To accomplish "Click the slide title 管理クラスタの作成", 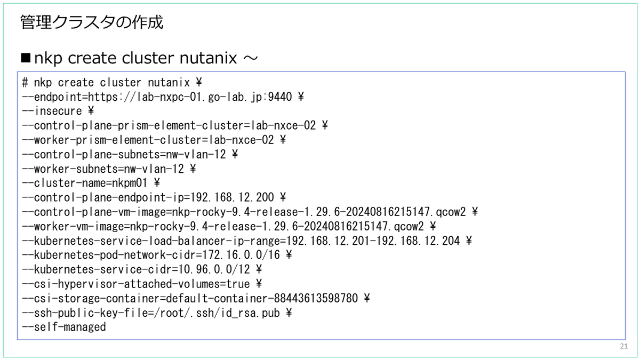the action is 91,23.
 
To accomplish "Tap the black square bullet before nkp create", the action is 26,58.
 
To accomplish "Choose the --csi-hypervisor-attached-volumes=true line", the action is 142,284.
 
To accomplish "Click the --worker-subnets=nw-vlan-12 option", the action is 106,169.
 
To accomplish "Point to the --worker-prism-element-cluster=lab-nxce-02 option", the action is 150,140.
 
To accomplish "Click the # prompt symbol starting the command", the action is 25,83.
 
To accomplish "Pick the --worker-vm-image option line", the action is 226,226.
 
